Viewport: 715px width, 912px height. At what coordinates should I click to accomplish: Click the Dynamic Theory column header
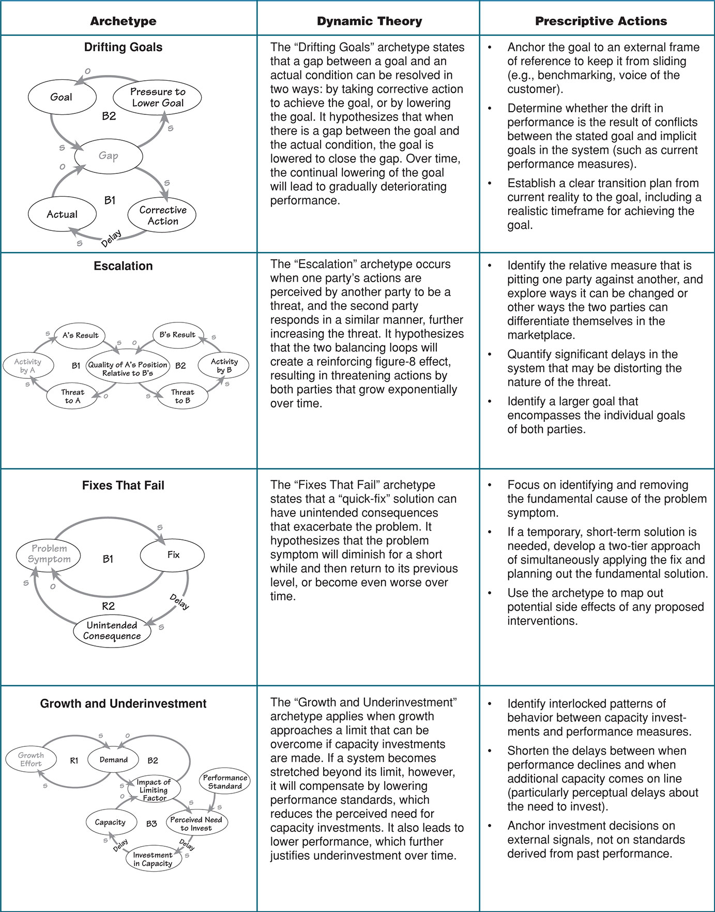pyautogui.click(x=369, y=21)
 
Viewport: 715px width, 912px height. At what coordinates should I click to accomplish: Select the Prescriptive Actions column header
pyautogui.click(x=601, y=21)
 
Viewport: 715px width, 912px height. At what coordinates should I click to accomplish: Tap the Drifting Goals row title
pyautogui.click(x=123, y=47)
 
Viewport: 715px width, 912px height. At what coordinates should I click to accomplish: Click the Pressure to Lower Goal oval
pyautogui.click(x=158, y=97)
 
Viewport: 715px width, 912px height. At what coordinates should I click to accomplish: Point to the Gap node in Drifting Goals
pyautogui.click(x=109, y=155)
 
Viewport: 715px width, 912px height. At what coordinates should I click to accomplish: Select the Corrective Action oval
pyautogui.click(x=162, y=215)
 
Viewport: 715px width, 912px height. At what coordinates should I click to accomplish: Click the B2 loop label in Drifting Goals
pyautogui.click(x=109, y=116)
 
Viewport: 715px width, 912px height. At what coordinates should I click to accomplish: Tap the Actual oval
pyautogui.click(x=62, y=214)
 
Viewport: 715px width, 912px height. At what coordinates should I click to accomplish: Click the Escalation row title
pyautogui.click(x=123, y=266)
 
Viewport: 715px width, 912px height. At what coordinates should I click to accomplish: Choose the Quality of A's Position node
pyautogui.click(x=128, y=369)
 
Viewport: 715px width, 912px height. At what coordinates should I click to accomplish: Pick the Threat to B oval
pyautogui.click(x=182, y=396)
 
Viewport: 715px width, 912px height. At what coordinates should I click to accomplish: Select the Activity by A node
pyautogui.click(x=27, y=365)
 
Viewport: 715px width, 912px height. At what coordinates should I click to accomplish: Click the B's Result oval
pyautogui.click(x=177, y=335)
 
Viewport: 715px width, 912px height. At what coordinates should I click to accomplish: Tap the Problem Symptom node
pyautogui.click(x=49, y=554)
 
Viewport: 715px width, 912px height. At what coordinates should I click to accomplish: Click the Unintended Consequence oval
pyautogui.click(x=112, y=630)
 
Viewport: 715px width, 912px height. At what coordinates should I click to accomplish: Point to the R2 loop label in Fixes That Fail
pyautogui.click(x=108, y=606)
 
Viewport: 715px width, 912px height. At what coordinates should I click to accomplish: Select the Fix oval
pyautogui.click(x=173, y=555)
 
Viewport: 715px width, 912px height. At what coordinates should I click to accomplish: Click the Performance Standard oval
pyautogui.click(x=225, y=782)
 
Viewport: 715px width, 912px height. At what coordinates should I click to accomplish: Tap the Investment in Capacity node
pyautogui.click(x=153, y=859)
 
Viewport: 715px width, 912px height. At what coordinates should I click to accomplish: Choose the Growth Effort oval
pyautogui.click(x=31, y=759)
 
